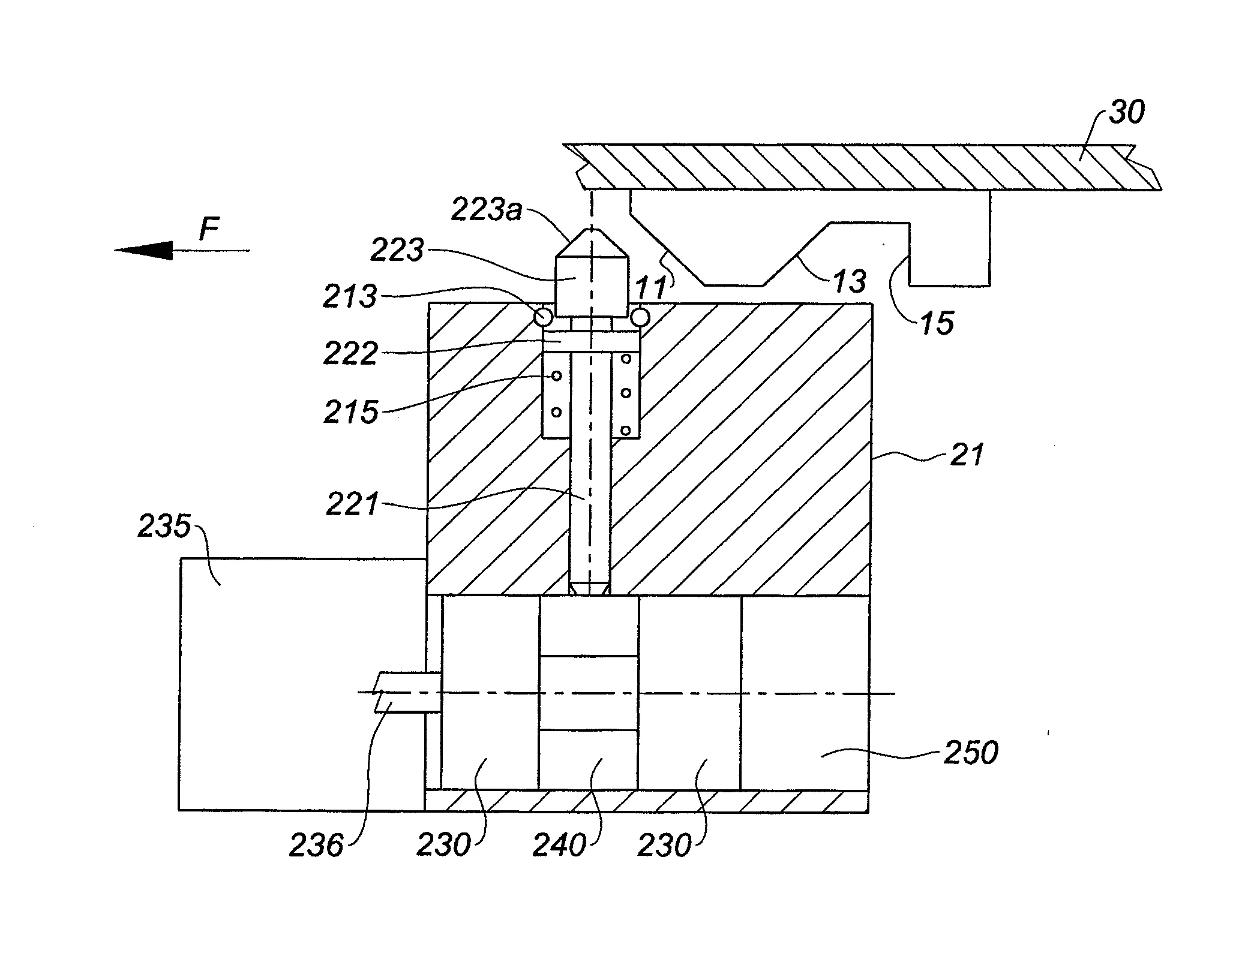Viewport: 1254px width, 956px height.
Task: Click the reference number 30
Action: [1126, 113]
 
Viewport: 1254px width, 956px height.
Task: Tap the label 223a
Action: [487, 211]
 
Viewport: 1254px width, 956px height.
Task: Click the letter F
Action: [209, 229]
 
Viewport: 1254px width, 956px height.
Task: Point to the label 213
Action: [350, 296]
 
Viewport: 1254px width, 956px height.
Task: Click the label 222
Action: [350, 353]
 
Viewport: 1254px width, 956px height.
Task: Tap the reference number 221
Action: [353, 504]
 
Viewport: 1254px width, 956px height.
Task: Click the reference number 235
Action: [164, 527]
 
